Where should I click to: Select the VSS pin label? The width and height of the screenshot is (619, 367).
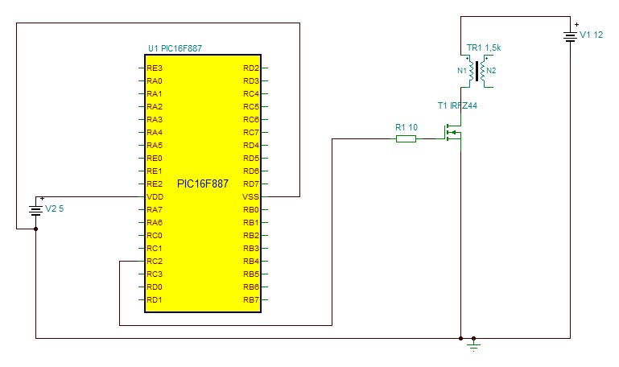250,197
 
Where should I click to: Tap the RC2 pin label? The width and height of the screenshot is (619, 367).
155,262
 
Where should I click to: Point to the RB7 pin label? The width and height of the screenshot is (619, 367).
250,300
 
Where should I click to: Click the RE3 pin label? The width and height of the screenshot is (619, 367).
155,68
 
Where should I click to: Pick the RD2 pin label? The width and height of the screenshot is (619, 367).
250,68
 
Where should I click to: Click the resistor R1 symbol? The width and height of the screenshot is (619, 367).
406,139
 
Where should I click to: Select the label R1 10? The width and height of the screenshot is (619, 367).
406,127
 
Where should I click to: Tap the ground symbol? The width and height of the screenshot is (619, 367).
473,344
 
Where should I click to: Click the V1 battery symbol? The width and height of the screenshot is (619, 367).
571,36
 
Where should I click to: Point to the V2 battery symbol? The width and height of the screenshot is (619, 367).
36,210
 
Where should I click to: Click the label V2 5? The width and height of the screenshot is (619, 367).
56,209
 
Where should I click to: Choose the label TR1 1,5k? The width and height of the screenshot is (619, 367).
484,49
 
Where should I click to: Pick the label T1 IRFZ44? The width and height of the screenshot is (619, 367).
457,105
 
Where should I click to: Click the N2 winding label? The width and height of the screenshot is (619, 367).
492,71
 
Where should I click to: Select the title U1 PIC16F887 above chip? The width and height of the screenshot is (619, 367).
175,48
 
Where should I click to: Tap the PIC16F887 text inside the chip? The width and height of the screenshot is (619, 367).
203,184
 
